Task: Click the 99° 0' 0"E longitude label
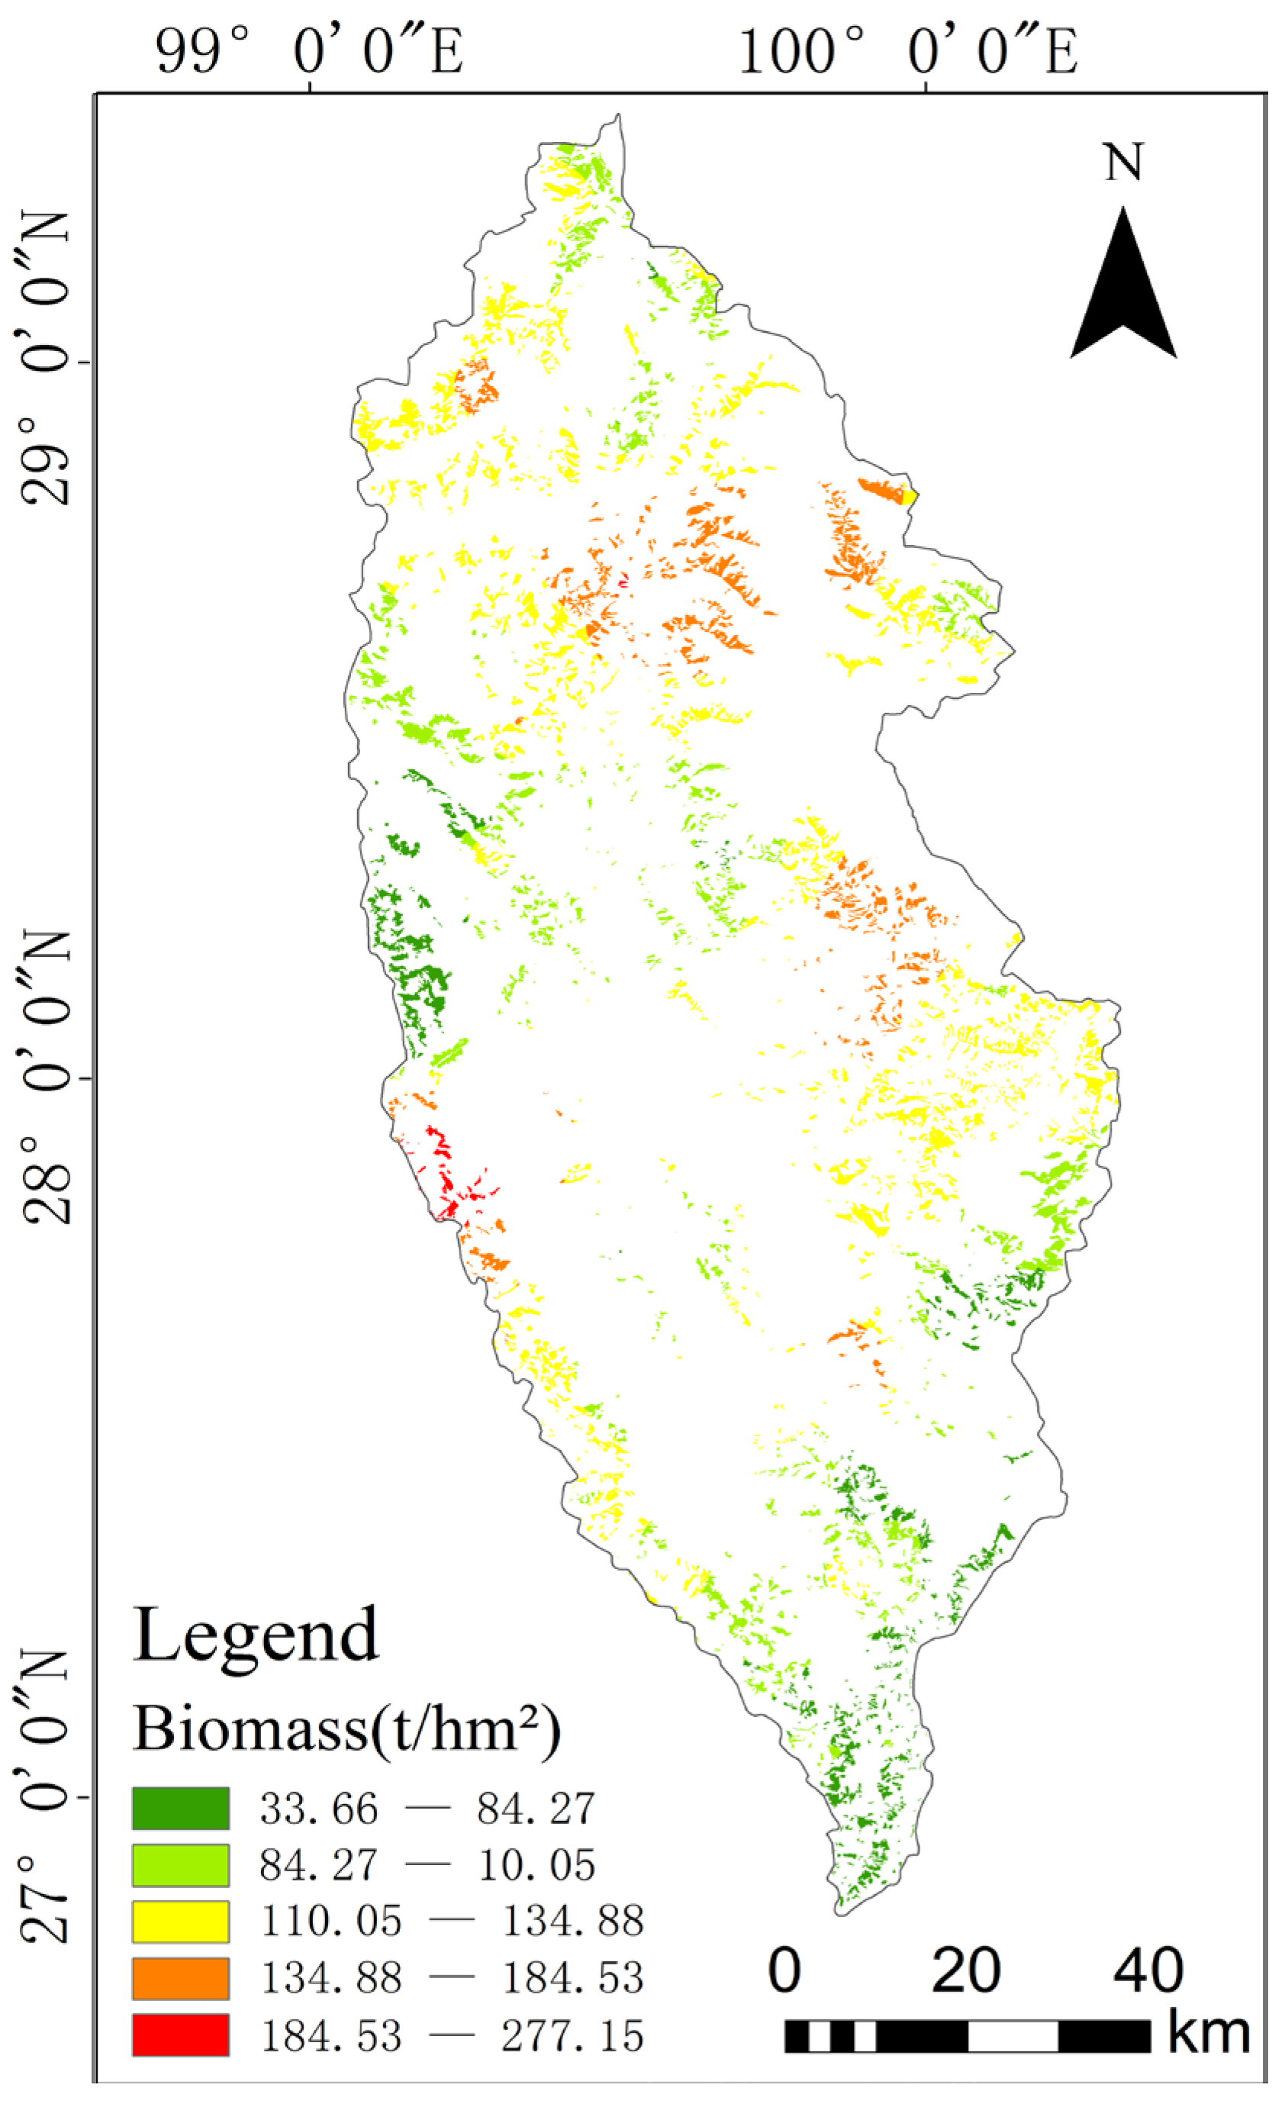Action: pos(309,51)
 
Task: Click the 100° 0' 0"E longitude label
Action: pos(907,51)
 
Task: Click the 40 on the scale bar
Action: pos(1148,1970)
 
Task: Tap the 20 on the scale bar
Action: pos(966,1970)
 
